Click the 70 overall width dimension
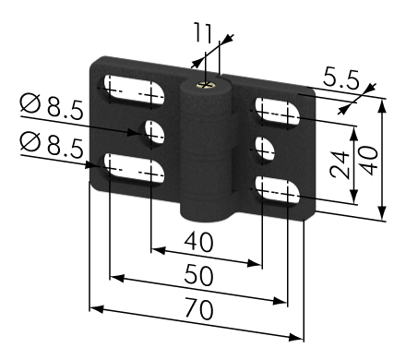(x=198, y=309)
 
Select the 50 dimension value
(x=198, y=275)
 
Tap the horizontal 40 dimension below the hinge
(x=198, y=242)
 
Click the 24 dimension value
(x=340, y=164)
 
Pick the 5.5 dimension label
(x=340, y=79)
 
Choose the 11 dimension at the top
(x=203, y=32)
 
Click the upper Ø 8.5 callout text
(x=52, y=106)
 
